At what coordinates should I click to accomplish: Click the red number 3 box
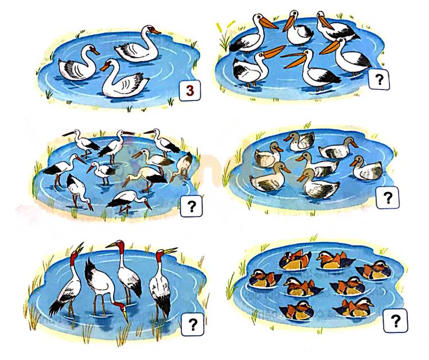point(190,90)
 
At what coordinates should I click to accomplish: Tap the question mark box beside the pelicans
point(379,79)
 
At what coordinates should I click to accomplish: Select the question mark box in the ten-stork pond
point(192,206)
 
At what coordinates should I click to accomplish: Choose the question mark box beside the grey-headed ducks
point(388,198)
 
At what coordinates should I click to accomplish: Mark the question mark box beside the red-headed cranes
point(193,324)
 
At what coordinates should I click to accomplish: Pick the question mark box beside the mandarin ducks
point(395,320)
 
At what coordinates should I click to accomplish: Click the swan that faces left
point(125,79)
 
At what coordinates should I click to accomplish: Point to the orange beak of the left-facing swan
point(104,67)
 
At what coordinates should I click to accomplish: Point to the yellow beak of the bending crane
point(125,316)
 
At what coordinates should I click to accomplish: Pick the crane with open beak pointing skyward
point(67,282)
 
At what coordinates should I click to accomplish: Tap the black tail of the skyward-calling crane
point(56,307)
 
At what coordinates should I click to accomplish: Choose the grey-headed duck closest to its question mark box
point(367,168)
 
